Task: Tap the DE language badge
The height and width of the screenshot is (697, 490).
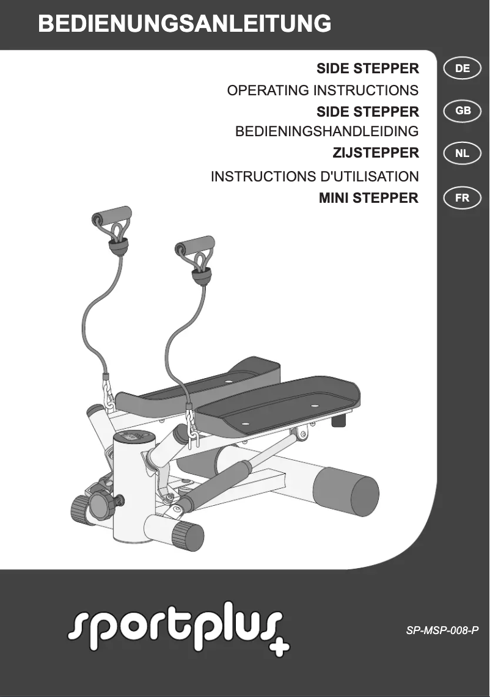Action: click(x=463, y=68)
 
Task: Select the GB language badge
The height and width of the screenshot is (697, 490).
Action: click(x=463, y=111)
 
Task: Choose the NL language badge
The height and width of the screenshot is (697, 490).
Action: click(x=463, y=153)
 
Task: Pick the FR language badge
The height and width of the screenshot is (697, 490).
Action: click(x=463, y=198)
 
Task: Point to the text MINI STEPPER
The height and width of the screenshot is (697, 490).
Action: click(x=368, y=198)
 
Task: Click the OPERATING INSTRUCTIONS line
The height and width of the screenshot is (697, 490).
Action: click(x=323, y=90)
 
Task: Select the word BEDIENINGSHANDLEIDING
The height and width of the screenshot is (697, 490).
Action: click(x=327, y=131)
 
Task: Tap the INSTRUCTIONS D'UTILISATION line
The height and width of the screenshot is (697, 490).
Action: click(x=315, y=177)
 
